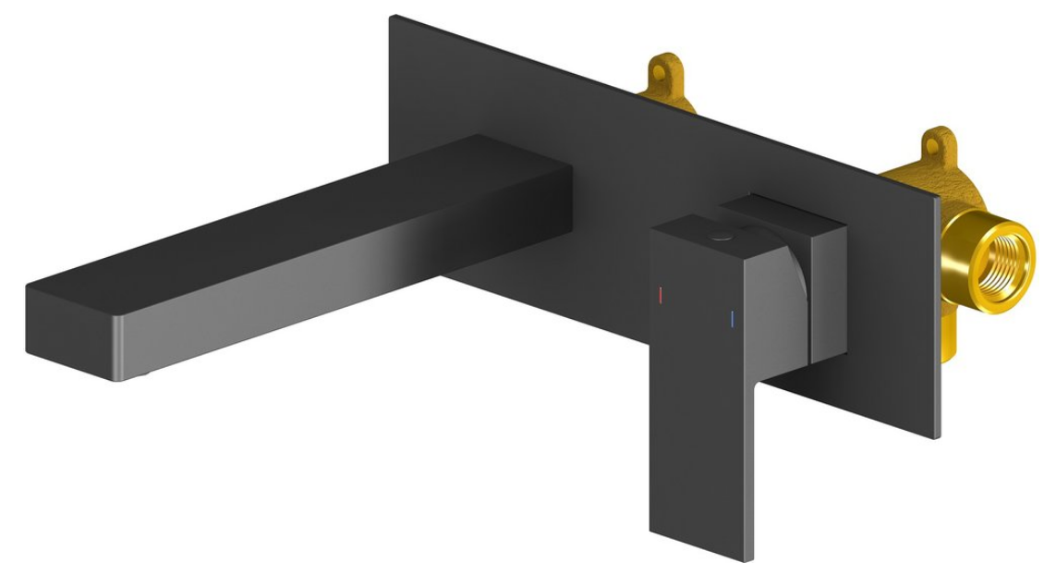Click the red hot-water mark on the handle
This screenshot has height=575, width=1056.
point(660,296)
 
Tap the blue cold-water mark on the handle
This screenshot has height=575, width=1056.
point(733,320)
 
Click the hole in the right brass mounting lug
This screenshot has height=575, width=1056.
point(938,143)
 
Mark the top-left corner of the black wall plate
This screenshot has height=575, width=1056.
point(393,18)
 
